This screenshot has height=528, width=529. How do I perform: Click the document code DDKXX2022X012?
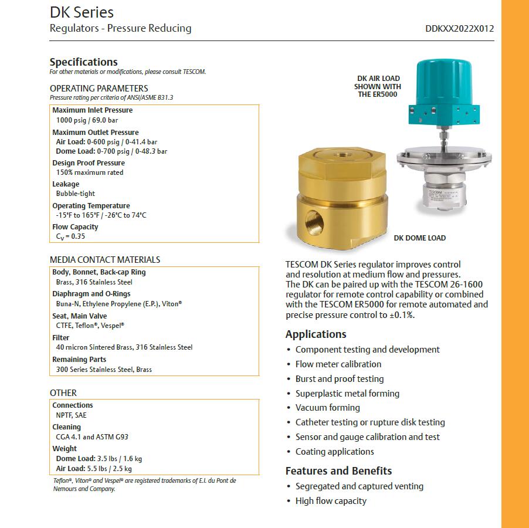[x=460, y=28]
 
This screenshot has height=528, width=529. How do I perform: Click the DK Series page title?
[x=82, y=12]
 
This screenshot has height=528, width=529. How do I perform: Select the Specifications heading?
[x=83, y=62]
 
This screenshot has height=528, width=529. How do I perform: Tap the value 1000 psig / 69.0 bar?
[x=87, y=120]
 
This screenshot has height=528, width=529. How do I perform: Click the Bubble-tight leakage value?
[x=75, y=194]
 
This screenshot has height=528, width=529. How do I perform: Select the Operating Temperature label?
[x=91, y=206]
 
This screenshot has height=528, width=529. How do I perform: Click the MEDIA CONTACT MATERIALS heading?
[x=105, y=259]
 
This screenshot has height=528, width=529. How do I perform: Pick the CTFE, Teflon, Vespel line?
[x=90, y=325]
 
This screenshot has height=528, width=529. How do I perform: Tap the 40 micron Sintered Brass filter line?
[x=124, y=347]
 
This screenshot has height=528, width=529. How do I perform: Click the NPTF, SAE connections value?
[x=71, y=415]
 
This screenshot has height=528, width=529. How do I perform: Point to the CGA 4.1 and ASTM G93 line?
[x=92, y=437]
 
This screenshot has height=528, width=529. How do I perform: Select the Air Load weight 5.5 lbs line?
[x=94, y=469]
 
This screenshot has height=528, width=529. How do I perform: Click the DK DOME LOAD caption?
[x=419, y=238]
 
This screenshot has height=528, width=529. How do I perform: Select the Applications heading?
[x=316, y=334]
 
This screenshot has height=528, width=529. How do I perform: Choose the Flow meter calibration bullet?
[x=338, y=364]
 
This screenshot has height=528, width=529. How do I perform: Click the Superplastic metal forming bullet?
[x=347, y=394]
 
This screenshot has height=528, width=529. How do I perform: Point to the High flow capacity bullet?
[x=331, y=501]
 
